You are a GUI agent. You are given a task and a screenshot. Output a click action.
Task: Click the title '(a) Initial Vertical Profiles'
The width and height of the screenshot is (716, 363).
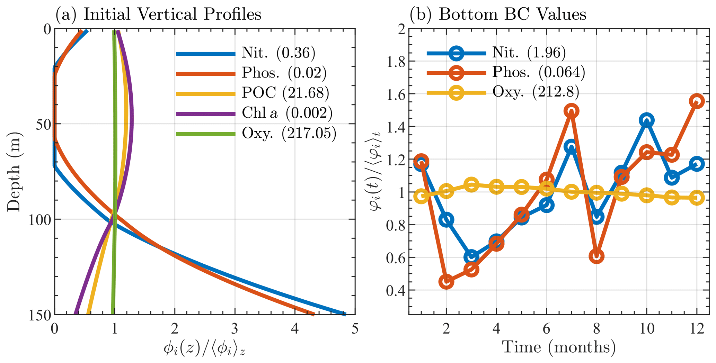158,14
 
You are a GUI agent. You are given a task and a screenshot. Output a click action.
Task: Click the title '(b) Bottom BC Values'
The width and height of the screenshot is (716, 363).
498,14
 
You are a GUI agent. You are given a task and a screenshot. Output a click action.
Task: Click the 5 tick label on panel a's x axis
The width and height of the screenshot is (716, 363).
355,328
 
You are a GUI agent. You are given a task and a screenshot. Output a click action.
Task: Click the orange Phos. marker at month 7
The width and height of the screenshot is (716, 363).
571,111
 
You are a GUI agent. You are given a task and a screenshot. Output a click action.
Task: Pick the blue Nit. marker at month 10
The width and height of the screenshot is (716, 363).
646,120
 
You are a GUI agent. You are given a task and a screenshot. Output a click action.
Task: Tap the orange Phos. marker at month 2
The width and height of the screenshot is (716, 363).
447,282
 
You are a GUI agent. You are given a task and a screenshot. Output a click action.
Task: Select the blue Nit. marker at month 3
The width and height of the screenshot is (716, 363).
471,257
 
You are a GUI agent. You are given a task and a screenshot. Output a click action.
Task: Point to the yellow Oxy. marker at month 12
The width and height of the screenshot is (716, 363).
697,198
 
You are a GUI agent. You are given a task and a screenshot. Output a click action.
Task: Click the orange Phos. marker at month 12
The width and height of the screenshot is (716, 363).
697,101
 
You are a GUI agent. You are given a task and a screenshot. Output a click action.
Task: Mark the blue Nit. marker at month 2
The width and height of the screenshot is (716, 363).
447,220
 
